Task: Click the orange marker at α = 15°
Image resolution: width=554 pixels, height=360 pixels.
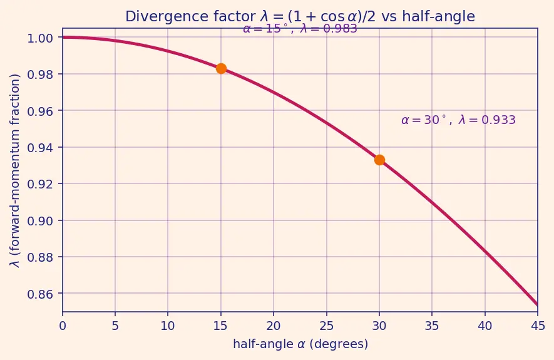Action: (221, 68)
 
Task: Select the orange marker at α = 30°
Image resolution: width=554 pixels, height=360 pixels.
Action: (379, 160)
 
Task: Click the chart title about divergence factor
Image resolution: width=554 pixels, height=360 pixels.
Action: (300, 17)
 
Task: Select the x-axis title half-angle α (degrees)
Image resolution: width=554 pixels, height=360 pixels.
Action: (300, 344)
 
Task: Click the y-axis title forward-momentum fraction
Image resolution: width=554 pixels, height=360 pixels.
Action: (15, 170)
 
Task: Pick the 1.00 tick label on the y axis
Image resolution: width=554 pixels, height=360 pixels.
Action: (40, 38)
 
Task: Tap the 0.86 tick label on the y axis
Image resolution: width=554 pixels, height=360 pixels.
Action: (40, 294)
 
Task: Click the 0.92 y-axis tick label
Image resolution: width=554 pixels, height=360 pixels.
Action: (40, 184)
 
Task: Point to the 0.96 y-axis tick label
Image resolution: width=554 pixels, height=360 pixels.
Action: (40, 111)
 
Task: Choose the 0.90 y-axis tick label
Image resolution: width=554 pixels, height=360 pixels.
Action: (40, 221)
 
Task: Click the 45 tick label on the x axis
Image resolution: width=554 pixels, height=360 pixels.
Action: (538, 326)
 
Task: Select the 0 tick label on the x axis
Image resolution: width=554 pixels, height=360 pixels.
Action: (63, 326)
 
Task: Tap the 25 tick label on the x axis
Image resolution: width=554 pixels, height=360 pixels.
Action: (327, 326)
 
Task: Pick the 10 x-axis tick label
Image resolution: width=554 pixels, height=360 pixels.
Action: (168, 326)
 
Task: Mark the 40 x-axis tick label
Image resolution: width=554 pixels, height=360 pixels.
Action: (485, 326)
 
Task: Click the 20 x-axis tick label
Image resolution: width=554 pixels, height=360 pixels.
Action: (274, 326)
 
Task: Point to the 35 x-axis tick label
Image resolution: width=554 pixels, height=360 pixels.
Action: (432, 326)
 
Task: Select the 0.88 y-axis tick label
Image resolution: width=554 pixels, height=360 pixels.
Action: (40, 257)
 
